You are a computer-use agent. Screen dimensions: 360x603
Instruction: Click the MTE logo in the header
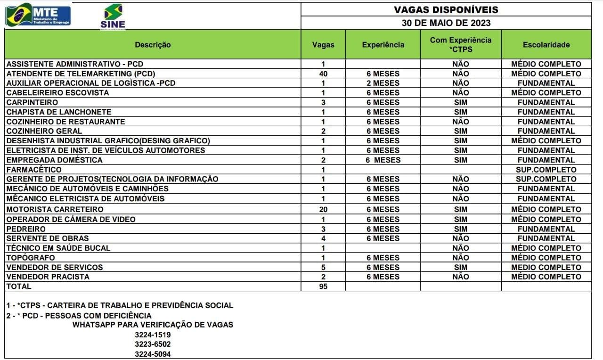tap(38, 15)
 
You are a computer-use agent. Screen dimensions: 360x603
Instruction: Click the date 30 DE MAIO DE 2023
tap(446, 23)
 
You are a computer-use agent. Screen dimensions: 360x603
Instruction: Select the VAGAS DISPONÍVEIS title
tap(446, 9)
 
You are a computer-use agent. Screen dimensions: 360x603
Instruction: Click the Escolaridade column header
tap(546, 45)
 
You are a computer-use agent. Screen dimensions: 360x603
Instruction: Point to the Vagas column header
tap(323, 45)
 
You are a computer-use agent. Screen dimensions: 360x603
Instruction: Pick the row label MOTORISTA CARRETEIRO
tap(55, 209)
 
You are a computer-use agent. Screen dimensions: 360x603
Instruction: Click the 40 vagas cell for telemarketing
tap(323, 74)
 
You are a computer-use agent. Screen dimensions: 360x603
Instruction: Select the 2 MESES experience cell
tap(383, 83)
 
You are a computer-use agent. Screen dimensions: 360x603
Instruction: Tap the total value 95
tap(323, 286)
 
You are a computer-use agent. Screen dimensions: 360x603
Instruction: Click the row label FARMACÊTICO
tap(34, 170)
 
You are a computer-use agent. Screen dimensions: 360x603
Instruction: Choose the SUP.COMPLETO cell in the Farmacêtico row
tap(546, 170)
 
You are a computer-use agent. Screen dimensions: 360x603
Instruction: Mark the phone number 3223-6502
tap(153, 344)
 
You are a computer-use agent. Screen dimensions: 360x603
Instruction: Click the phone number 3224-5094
tap(153, 354)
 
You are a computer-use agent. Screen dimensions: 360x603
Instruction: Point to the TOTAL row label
tap(19, 286)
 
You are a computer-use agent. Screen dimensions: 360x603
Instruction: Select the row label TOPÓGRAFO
tap(31, 258)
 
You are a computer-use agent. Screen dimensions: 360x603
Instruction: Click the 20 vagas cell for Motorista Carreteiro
tap(323, 209)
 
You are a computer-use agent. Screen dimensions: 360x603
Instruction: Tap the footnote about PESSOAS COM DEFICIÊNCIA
tap(79, 315)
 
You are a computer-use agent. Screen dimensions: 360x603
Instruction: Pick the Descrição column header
tap(153, 45)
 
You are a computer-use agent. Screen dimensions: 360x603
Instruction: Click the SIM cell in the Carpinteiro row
tap(460, 102)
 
